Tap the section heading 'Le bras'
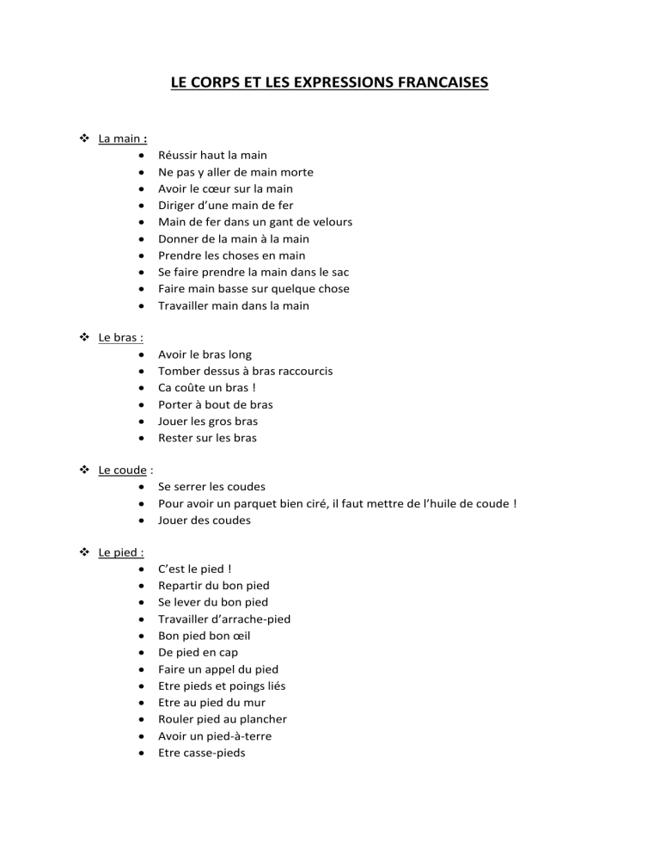pyautogui.click(x=119, y=338)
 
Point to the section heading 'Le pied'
pyautogui.click(x=120, y=553)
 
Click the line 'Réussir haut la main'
pyautogui.click(x=212, y=156)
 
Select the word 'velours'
pyautogui.click(x=331, y=222)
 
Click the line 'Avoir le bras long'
pyautogui.click(x=205, y=354)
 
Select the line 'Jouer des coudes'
pyautogui.click(x=205, y=520)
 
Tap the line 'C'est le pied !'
pyautogui.click(x=195, y=569)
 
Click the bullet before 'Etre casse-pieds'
pyautogui.click(x=139, y=753)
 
